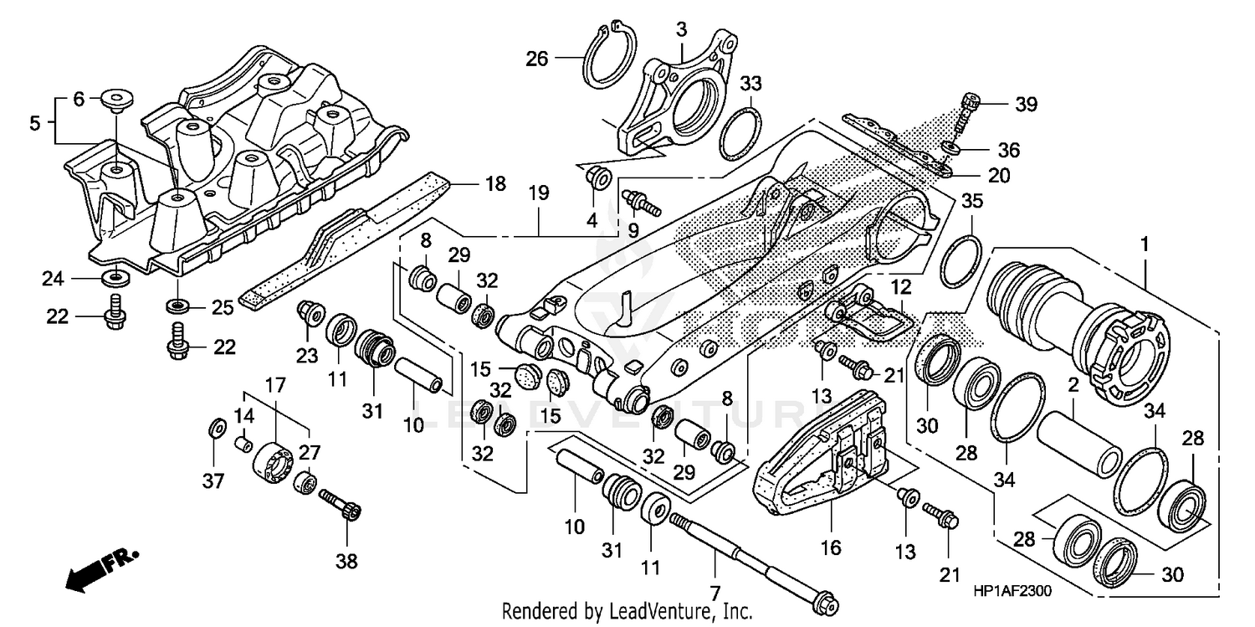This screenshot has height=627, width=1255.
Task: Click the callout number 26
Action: pos(537,59)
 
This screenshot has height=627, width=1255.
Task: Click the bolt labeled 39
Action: pos(971,109)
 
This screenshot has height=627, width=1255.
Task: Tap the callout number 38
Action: pos(346,561)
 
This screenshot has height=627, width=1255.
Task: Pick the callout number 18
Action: pos(495,183)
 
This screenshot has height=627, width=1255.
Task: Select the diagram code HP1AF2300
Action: pos(1012,590)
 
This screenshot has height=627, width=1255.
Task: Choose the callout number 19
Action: pos(538,193)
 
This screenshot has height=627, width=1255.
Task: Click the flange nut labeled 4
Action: pos(598,178)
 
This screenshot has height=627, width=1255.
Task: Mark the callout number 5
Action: pos(34,122)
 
